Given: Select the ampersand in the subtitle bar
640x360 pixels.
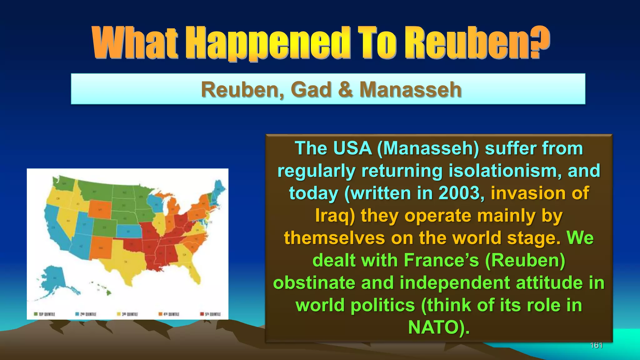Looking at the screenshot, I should click(x=346, y=89).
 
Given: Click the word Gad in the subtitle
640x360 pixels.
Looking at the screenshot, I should click(x=311, y=89).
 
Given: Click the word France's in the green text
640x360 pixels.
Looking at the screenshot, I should click(x=441, y=260).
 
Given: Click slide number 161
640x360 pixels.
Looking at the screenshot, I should click(x=596, y=345).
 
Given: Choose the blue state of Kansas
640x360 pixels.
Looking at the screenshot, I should click(x=128, y=232).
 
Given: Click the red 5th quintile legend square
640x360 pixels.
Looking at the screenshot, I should click(x=202, y=314).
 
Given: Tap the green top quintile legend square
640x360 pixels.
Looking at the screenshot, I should click(x=36, y=314).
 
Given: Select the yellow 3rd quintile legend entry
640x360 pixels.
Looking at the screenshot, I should click(x=127, y=314).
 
